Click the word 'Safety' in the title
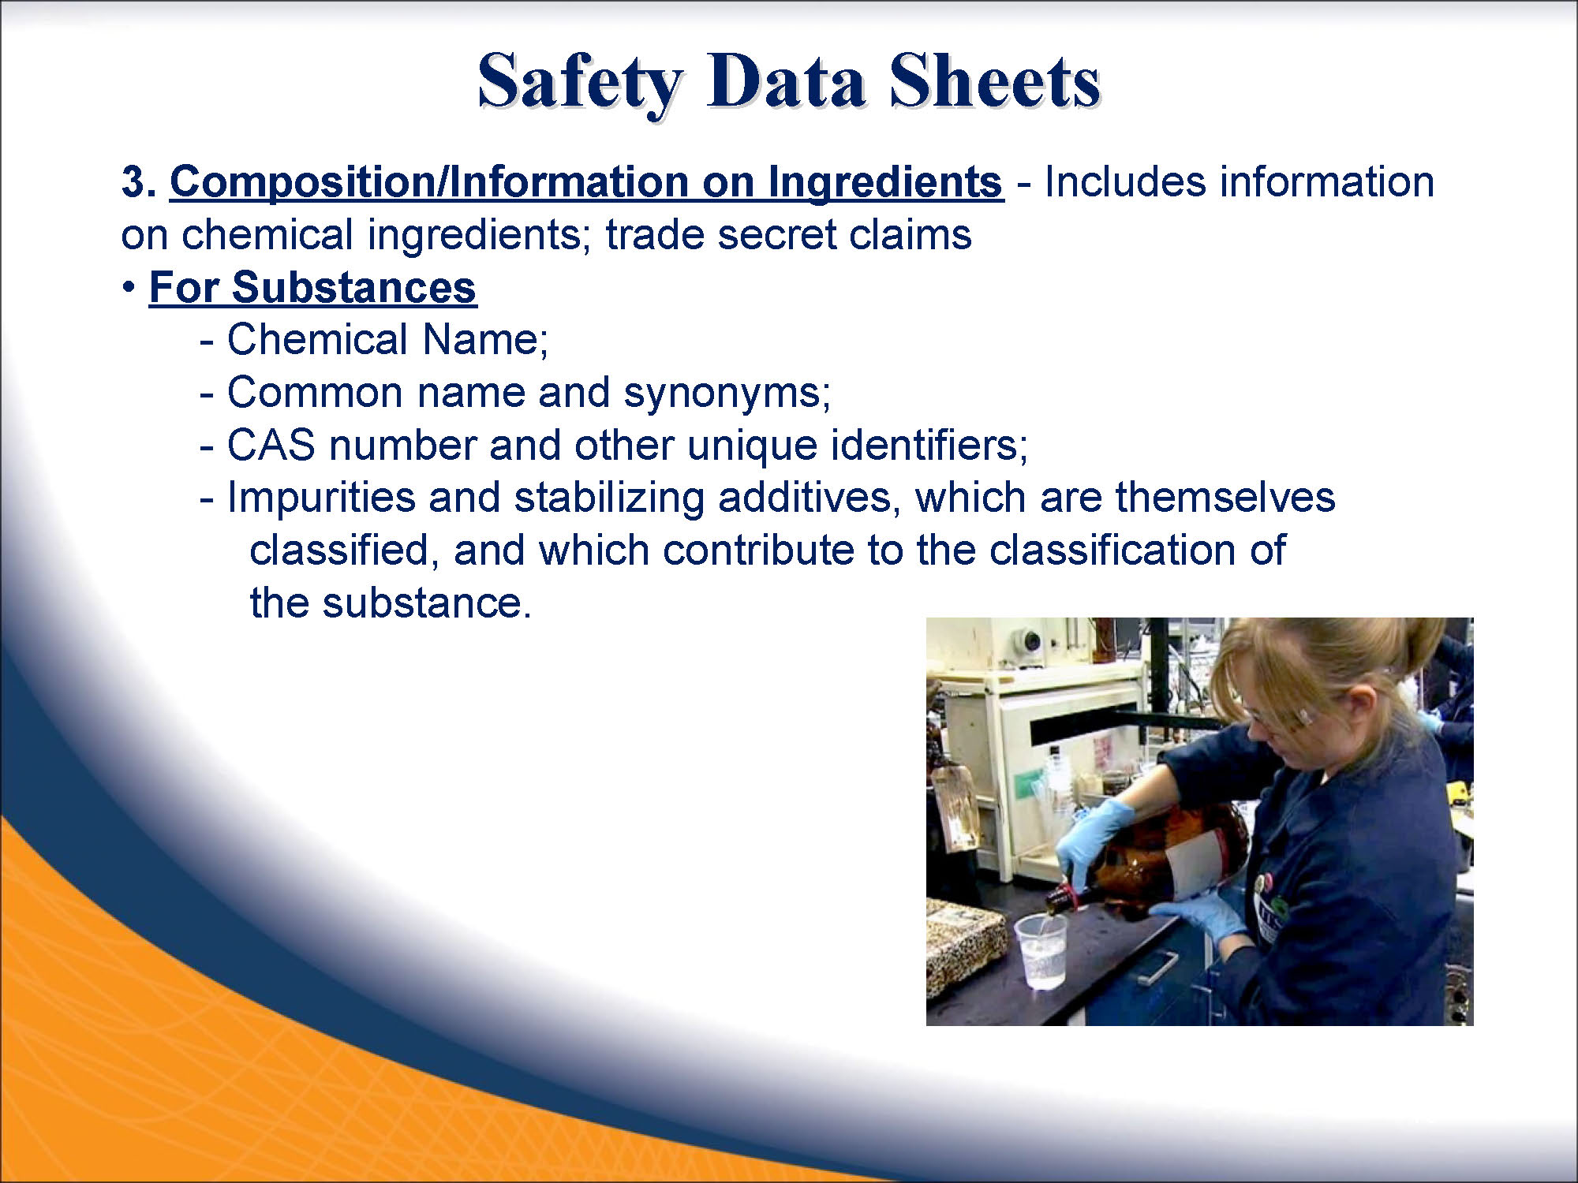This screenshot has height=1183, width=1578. click(580, 83)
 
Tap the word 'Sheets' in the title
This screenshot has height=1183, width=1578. click(994, 80)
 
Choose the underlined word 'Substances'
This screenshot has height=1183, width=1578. click(353, 287)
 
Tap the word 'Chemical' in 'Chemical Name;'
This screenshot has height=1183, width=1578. click(316, 340)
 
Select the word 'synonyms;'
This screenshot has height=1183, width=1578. click(727, 394)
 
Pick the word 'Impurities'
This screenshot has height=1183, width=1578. click(321, 499)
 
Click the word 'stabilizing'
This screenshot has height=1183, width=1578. click(608, 499)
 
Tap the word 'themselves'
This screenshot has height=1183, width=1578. click(1225, 498)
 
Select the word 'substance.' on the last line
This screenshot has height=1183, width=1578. click(427, 603)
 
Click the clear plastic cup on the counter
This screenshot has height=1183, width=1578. click(1040, 950)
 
